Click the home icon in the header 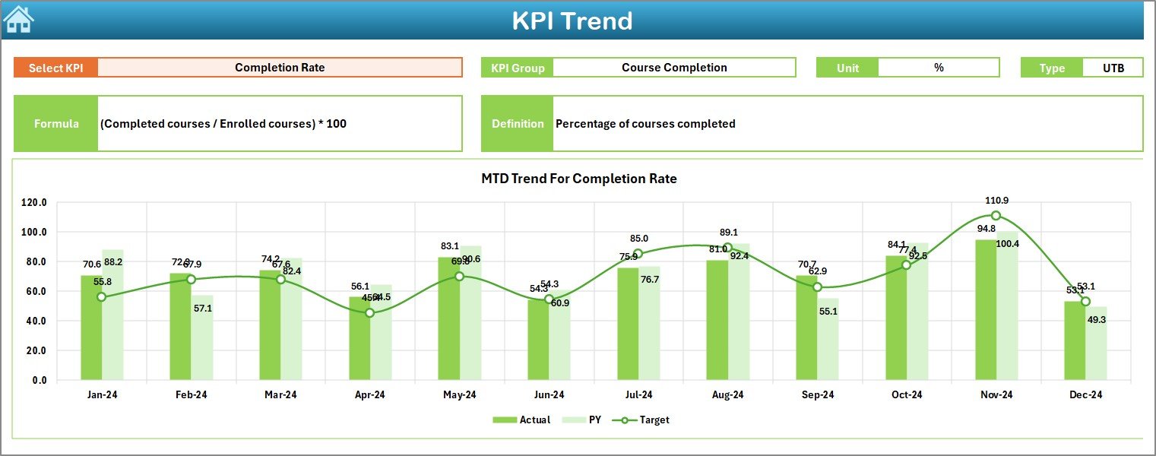point(19,20)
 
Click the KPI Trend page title point(572,21)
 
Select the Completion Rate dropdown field point(280,68)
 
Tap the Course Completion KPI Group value point(674,68)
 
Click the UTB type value point(1113,68)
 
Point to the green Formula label point(56,124)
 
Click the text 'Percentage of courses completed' point(645,124)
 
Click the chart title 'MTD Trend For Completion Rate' point(578,179)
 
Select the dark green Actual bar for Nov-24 point(986,310)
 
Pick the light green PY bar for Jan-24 point(112,315)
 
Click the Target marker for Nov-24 point(996,216)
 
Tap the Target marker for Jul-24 point(638,254)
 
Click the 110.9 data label point(996,201)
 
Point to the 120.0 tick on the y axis point(33,203)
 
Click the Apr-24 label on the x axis point(370,395)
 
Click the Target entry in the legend point(646,420)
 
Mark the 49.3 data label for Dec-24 point(1096,320)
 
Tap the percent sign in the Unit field point(939,68)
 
